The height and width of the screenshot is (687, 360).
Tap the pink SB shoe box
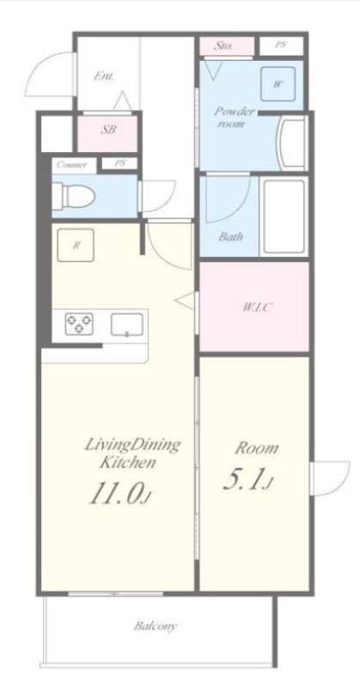click(x=108, y=130)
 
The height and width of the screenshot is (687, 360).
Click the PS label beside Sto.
click(x=281, y=46)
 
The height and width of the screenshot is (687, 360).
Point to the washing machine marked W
click(x=278, y=83)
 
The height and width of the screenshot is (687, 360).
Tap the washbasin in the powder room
click(x=293, y=142)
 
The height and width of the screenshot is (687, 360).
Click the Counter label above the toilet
click(x=70, y=163)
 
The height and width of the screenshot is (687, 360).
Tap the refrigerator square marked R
click(x=76, y=246)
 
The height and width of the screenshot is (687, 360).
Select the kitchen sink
click(x=125, y=325)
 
